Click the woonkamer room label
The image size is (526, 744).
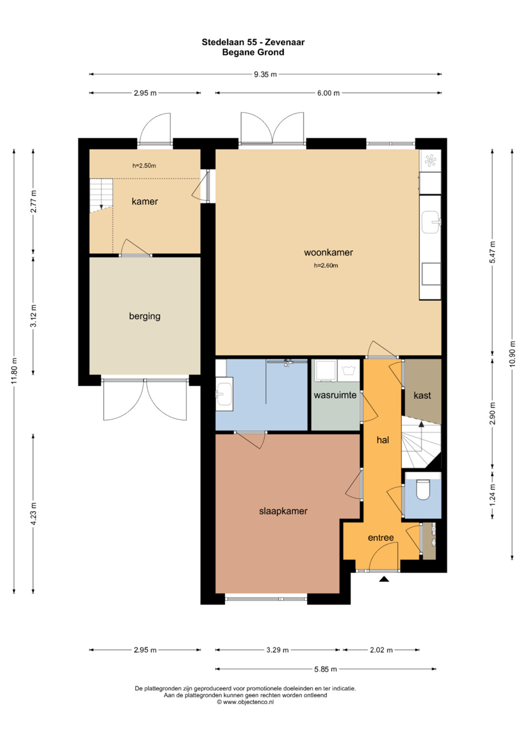click(x=328, y=253)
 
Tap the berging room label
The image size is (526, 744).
click(x=145, y=316)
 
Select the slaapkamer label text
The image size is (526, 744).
click(x=283, y=511)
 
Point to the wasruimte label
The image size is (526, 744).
click(x=335, y=395)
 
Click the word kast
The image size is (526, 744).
click(x=422, y=395)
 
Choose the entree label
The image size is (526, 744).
click(x=381, y=537)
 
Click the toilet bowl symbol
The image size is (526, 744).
click(x=423, y=489)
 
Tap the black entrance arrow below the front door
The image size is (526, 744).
click(x=384, y=580)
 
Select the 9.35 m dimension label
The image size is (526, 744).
click(x=265, y=74)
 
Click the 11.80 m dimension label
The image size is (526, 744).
click(x=14, y=370)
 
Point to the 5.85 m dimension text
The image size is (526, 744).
click(x=326, y=669)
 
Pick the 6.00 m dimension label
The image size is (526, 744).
click(x=328, y=93)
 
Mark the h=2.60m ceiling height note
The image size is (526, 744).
click(x=326, y=266)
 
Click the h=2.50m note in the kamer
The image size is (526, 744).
click(x=144, y=165)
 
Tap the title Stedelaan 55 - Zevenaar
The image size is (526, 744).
click(x=253, y=42)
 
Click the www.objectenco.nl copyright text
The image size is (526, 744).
click(x=245, y=702)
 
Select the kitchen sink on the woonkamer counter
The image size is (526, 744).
click(x=431, y=222)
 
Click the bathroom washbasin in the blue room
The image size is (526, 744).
click(x=224, y=394)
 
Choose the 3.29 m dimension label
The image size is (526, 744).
click(x=277, y=650)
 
